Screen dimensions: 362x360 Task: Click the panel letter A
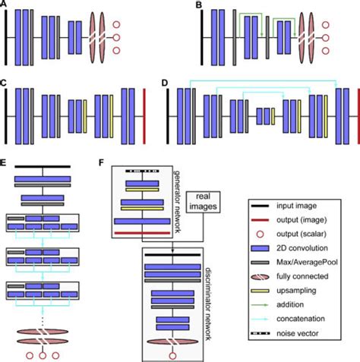(x=6, y=6)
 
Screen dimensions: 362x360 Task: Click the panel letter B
(x=199, y=6)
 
